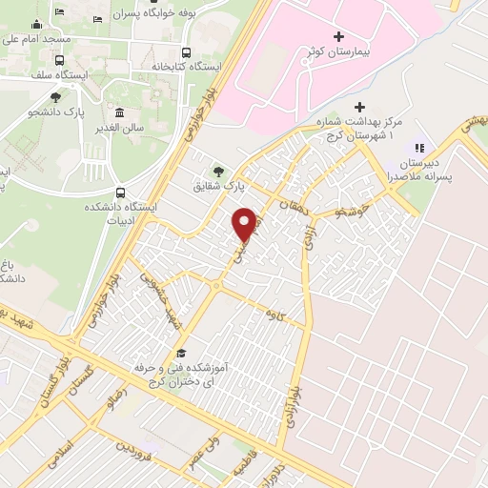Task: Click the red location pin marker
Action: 245,224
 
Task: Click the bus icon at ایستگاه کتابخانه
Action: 187,53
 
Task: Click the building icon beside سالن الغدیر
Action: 119,112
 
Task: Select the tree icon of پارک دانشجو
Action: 56,97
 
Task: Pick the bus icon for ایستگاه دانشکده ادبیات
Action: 119,192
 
